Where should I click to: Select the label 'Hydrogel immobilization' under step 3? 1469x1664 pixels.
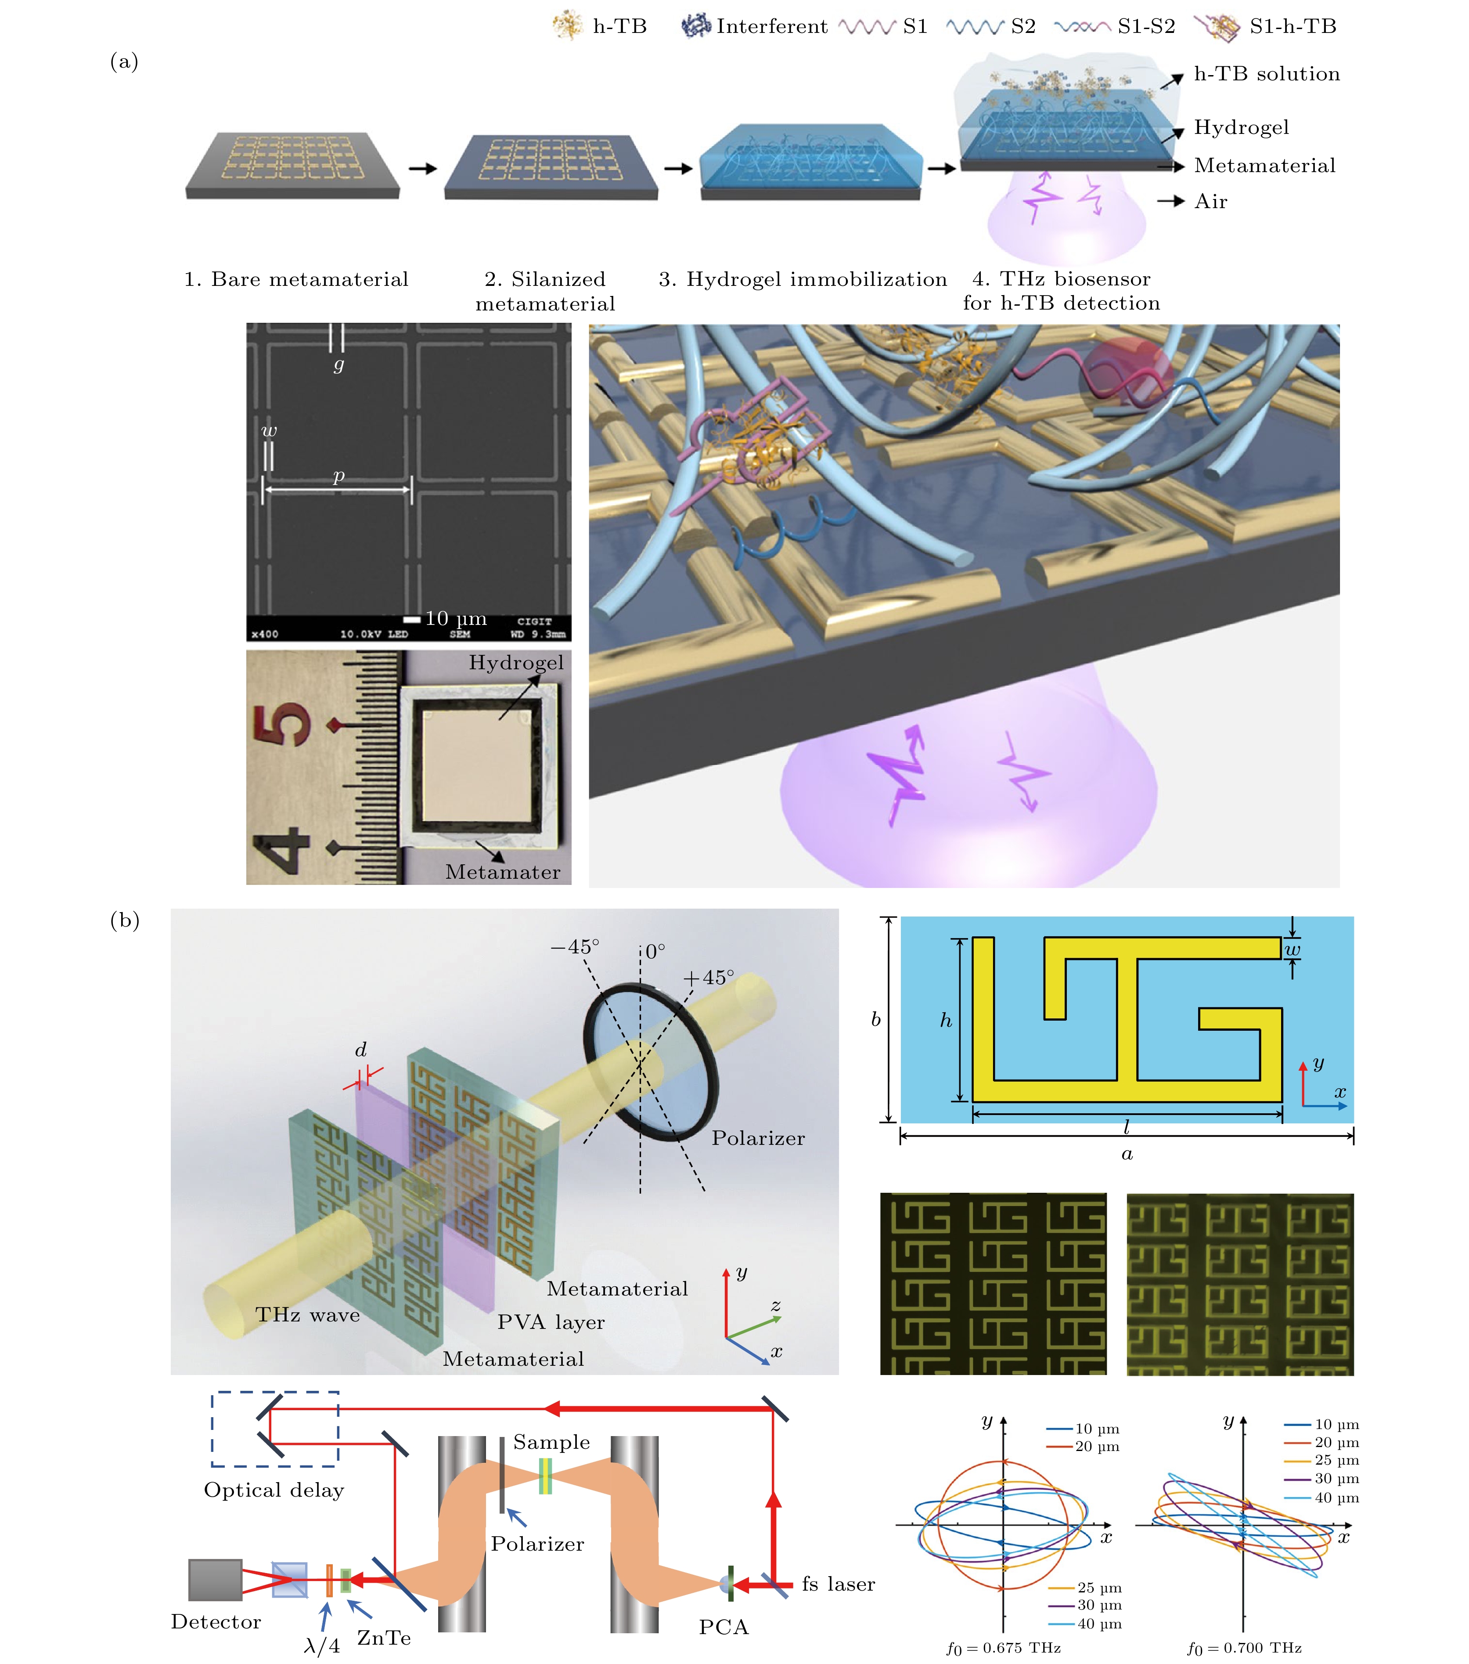tap(816, 279)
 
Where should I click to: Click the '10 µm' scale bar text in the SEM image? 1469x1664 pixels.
tap(456, 619)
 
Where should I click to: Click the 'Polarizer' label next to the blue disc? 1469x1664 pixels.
tap(758, 1138)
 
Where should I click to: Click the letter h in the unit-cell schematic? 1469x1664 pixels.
tap(945, 1020)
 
